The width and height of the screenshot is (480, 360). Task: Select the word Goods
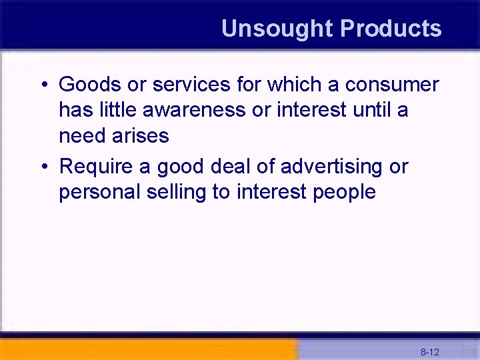(89, 85)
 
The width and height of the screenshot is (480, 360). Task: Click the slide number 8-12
(429, 351)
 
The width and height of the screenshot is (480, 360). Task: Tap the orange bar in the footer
(147, 349)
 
